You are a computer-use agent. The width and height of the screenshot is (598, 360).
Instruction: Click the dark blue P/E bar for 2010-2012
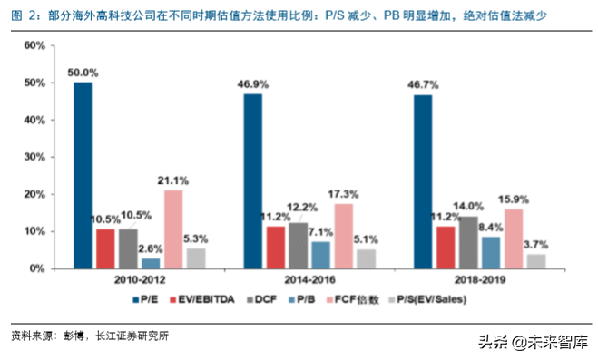[x=83, y=175]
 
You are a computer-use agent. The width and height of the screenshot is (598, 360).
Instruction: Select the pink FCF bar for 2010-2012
[x=173, y=229]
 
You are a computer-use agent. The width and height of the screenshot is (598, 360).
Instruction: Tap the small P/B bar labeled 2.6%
[x=151, y=263]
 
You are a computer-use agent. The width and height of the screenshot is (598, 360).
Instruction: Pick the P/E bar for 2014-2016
[x=252, y=180]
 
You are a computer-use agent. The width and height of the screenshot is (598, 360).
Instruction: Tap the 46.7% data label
[x=423, y=84]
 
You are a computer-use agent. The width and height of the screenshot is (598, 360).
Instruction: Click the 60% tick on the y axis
[x=34, y=45]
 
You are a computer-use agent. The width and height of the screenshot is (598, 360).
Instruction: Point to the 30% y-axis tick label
[x=34, y=157]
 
